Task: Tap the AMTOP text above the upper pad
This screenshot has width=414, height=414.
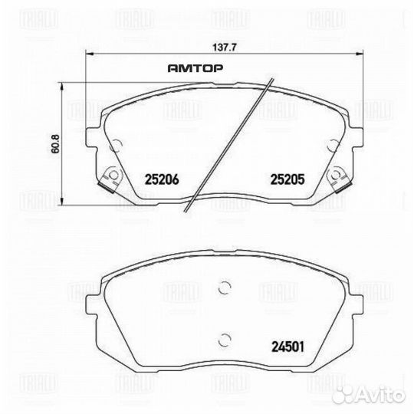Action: pos(195,68)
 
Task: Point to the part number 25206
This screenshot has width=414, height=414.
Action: pos(161,180)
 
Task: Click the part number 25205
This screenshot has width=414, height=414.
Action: pos(287,180)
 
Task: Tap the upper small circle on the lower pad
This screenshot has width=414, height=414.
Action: pos(225,288)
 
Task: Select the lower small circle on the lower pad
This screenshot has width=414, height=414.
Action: pos(225,340)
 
